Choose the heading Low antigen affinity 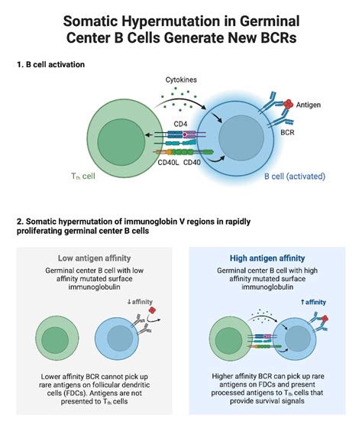pyautogui.click(x=93, y=258)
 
